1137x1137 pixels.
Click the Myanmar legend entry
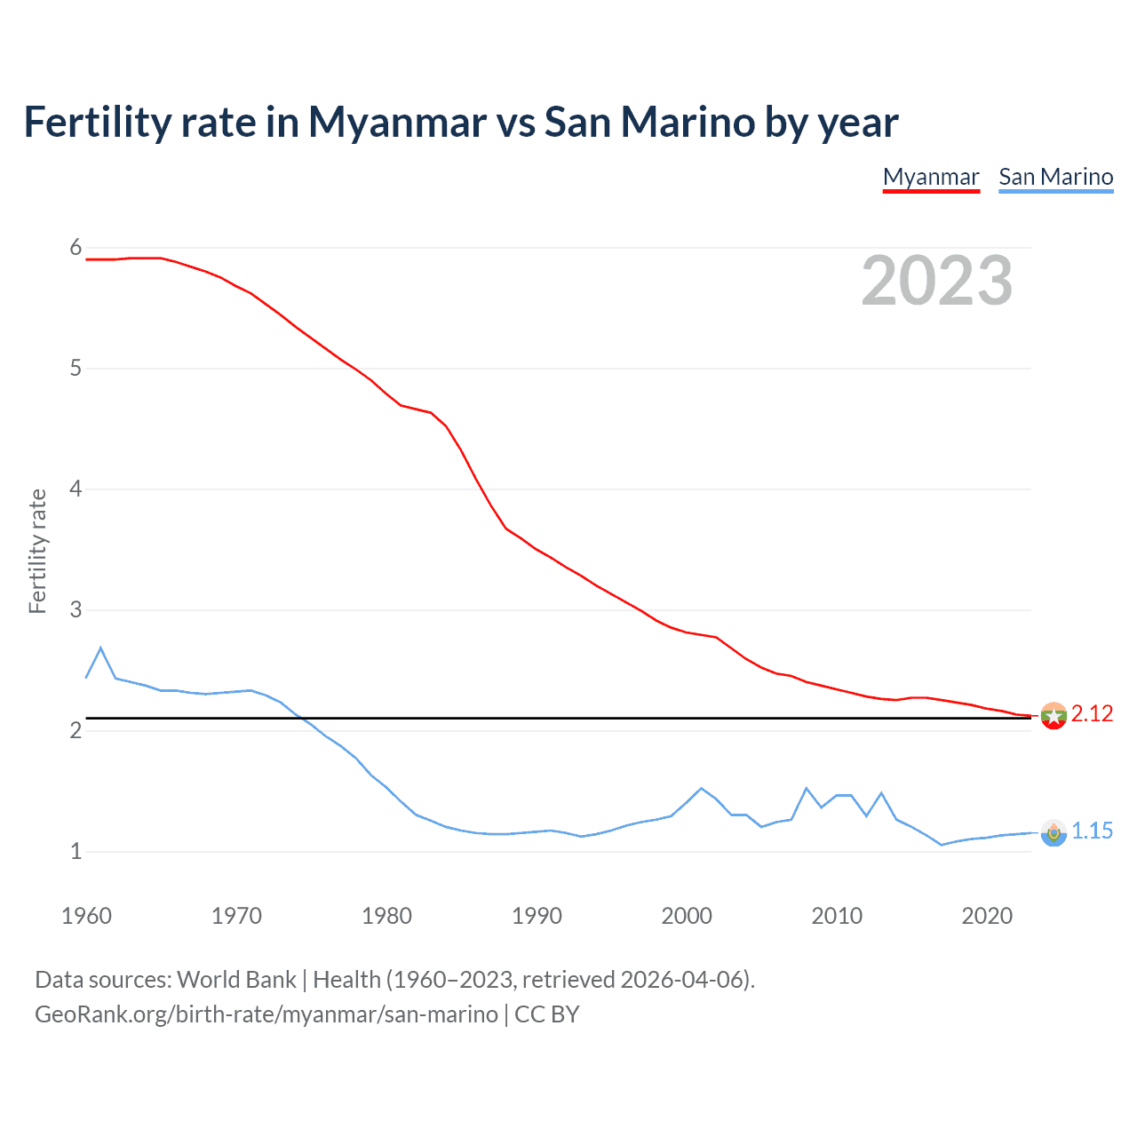[930, 177]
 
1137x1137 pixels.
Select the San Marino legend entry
[1055, 177]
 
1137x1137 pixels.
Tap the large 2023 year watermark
[936, 281]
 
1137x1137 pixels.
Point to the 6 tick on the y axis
[76, 248]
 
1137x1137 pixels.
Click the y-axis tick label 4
[76, 489]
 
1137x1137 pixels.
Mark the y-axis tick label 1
[76, 851]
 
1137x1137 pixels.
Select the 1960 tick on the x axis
[86, 916]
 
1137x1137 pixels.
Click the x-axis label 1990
[537, 916]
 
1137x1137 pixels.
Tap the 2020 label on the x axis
[987, 916]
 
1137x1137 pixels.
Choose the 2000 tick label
[687, 916]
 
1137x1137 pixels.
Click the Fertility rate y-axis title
[37, 551]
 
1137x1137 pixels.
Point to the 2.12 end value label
[1092, 714]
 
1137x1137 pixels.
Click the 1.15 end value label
[1092, 831]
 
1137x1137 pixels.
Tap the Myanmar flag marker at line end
[1054, 716]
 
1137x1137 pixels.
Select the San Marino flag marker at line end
[1054, 833]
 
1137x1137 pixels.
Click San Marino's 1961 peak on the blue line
[101, 648]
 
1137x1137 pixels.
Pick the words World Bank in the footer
[236, 980]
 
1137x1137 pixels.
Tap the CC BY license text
[547, 1014]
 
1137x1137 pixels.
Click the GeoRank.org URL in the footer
[266, 1014]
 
